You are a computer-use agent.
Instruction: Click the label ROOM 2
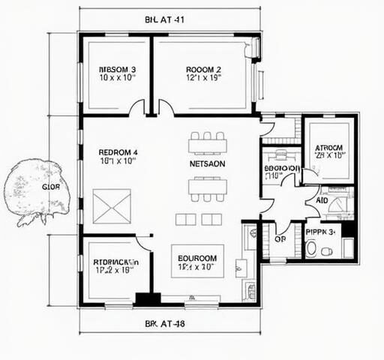203,70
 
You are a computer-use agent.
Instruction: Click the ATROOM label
328,148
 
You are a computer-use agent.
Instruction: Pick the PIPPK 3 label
322,232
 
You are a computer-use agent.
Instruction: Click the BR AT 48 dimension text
164,324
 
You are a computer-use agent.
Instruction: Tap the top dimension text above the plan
164,20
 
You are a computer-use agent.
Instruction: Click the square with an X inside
112,206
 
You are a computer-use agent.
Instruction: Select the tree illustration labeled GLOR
34,188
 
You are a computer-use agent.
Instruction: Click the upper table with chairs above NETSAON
207,142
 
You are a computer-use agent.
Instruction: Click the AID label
322,201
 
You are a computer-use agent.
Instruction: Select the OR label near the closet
280,240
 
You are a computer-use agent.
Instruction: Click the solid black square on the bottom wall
143,298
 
